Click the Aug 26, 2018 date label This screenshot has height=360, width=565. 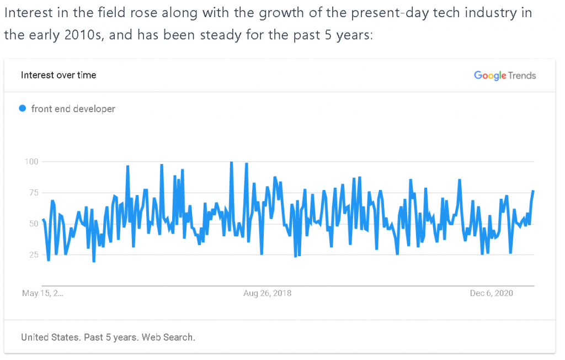[x=268, y=293]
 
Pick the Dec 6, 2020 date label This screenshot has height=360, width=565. [x=491, y=293]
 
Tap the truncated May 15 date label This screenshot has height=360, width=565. [x=42, y=293]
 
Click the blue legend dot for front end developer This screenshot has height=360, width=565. [x=23, y=108]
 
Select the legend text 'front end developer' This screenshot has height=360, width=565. [x=73, y=109]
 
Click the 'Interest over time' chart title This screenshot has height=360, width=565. [x=58, y=75]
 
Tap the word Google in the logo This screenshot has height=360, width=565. [x=490, y=75]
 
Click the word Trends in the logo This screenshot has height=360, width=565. [x=522, y=76]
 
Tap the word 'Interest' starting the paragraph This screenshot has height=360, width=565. [x=26, y=12]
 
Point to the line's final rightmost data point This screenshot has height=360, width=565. [x=533, y=191]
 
